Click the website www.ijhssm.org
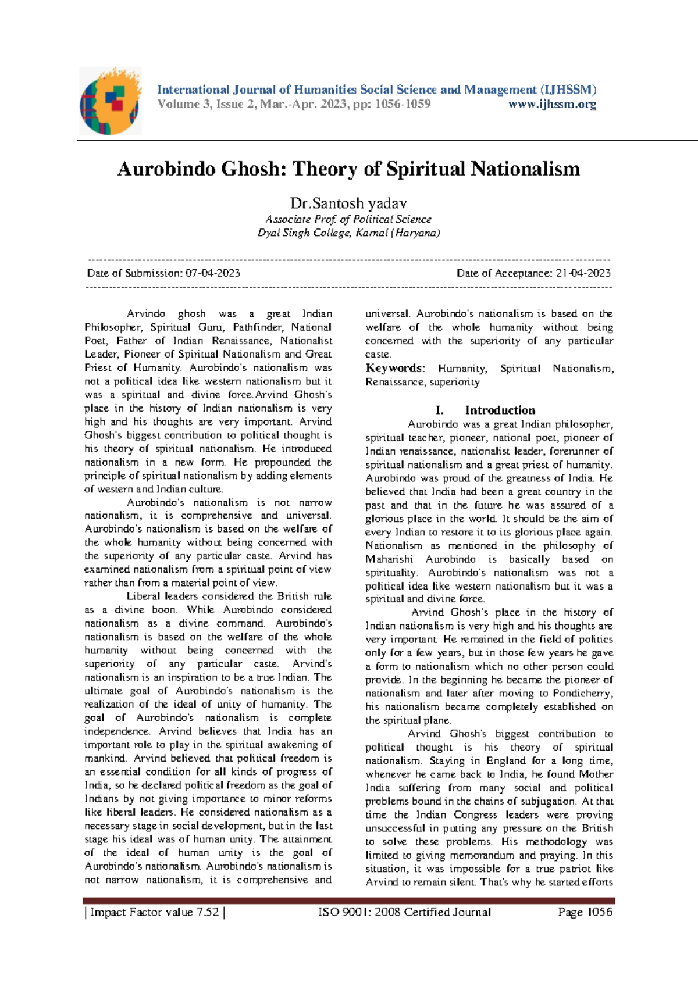click(x=552, y=105)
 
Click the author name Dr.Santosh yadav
click(x=348, y=203)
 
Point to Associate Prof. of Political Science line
click(x=348, y=219)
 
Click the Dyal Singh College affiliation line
click(x=348, y=233)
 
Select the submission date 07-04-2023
click(x=212, y=273)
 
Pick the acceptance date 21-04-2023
click(x=583, y=273)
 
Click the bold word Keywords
click(x=394, y=368)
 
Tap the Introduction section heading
click(x=500, y=410)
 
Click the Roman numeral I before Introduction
click(x=439, y=410)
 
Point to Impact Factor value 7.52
click(x=155, y=912)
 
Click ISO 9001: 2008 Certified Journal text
click(x=404, y=912)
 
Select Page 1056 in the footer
click(x=585, y=912)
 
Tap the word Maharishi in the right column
click(x=389, y=559)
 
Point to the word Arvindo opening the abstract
click(x=146, y=314)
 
